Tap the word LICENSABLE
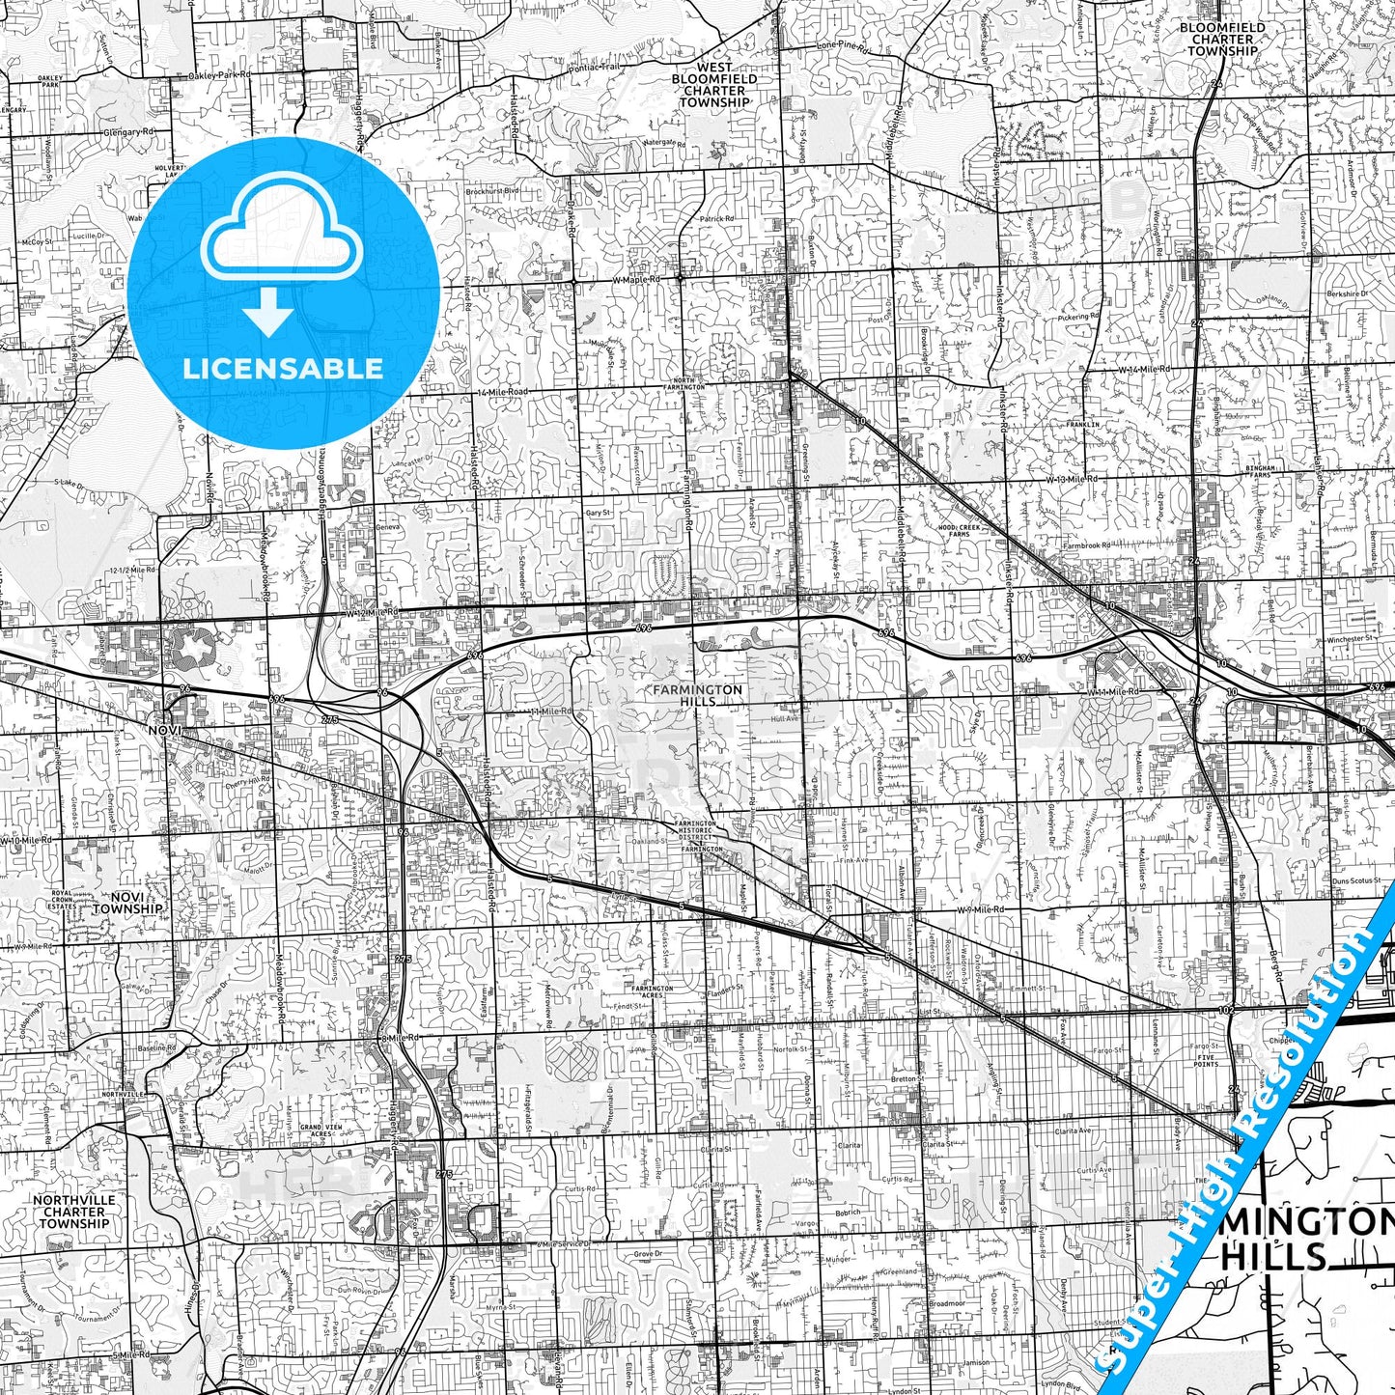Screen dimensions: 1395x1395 click(x=283, y=368)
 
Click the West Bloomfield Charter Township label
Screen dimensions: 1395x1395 click(x=714, y=85)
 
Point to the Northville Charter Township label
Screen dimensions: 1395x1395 click(x=74, y=1212)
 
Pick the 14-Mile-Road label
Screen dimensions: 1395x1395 click(x=503, y=392)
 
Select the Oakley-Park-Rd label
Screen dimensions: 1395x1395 click(x=218, y=74)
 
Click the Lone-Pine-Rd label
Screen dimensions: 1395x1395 click(x=843, y=45)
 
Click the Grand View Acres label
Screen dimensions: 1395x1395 click(x=316, y=1130)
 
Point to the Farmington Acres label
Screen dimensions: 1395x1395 click(x=653, y=991)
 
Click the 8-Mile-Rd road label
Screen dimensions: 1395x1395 click(x=402, y=1038)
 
